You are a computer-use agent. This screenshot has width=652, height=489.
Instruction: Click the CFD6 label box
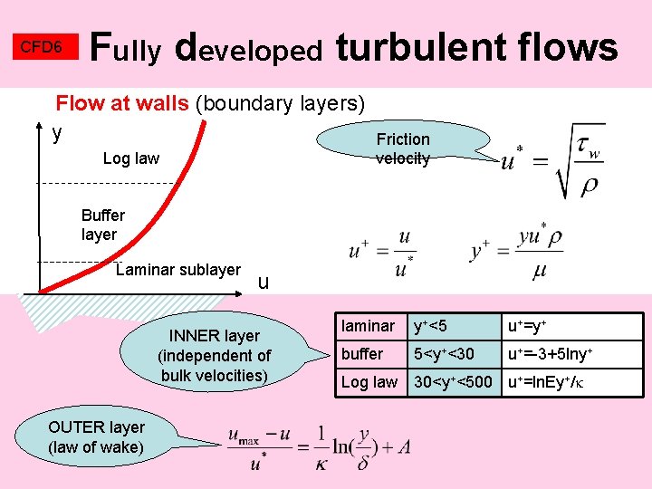click(41, 47)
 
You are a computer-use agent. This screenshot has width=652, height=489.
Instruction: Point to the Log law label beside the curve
click(131, 158)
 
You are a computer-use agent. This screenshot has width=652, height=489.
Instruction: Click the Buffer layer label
click(102, 225)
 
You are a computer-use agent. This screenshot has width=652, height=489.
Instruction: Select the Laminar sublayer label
click(178, 270)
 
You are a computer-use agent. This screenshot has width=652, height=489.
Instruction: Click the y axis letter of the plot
click(58, 133)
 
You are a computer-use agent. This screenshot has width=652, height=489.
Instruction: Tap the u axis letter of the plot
click(264, 283)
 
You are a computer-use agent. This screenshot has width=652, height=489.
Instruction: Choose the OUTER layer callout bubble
click(96, 436)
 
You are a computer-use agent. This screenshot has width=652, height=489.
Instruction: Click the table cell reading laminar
click(368, 326)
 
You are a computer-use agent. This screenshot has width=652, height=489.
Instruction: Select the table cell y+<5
click(431, 326)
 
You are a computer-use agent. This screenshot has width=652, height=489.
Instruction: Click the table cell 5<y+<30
click(444, 354)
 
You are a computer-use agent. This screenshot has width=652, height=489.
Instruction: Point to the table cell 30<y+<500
click(455, 382)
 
